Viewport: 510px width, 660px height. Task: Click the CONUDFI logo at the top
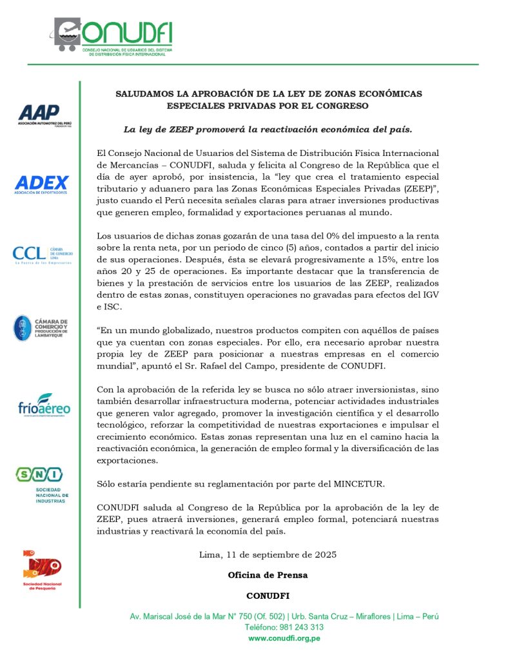click(x=113, y=35)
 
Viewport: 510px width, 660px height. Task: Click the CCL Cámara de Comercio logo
click(x=40, y=254)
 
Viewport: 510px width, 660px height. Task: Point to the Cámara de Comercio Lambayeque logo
click(x=40, y=327)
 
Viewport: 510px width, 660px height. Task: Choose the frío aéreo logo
click(x=44, y=405)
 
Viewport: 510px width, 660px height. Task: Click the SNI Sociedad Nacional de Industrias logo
click(x=40, y=484)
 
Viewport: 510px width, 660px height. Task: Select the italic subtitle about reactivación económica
click(x=268, y=129)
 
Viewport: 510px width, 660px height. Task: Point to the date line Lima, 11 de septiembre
click(x=268, y=554)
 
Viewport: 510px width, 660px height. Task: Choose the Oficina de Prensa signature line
click(x=268, y=574)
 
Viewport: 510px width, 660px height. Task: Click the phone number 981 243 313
click(x=303, y=627)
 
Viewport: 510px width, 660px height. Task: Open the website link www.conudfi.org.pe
click(x=284, y=638)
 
